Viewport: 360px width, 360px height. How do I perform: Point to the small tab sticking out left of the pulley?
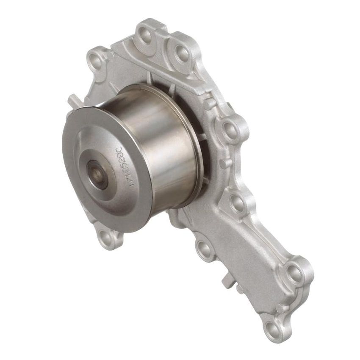73,101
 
